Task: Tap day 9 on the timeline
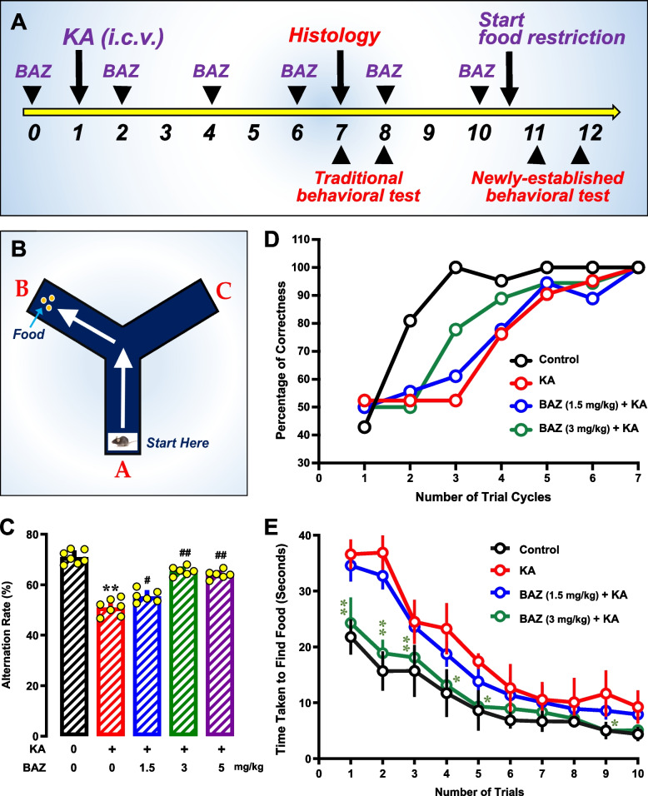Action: pyautogui.click(x=429, y=132)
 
